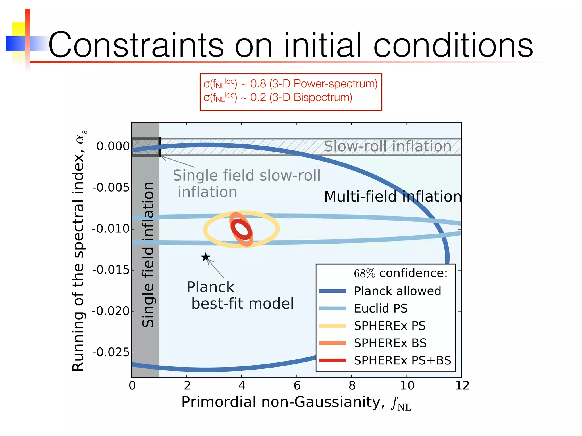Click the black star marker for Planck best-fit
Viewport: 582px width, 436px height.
coord(205,257)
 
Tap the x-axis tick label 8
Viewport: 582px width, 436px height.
coord(352,385)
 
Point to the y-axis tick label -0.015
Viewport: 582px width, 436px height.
coord(111,270)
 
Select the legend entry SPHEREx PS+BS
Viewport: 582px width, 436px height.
coord(402,360)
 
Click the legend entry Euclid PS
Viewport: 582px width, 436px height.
coord(381,308)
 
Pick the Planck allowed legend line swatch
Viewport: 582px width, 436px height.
coord(332,291)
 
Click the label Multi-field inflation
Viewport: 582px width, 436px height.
coord(392,196)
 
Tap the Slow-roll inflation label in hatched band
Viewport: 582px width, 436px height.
coord(388,146)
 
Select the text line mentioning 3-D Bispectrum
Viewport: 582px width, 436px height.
coord(278,98)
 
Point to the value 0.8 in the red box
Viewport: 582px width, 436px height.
coord(258,84)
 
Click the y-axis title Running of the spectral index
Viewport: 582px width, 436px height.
coord(78,250)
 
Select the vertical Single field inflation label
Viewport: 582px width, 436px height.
coord(148,255)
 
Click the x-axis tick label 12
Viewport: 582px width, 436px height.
coord(462,385)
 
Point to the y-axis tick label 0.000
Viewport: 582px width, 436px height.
coord(113,146)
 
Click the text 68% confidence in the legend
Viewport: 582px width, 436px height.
coord(400,273)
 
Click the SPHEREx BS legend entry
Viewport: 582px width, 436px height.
coord(390,343)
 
